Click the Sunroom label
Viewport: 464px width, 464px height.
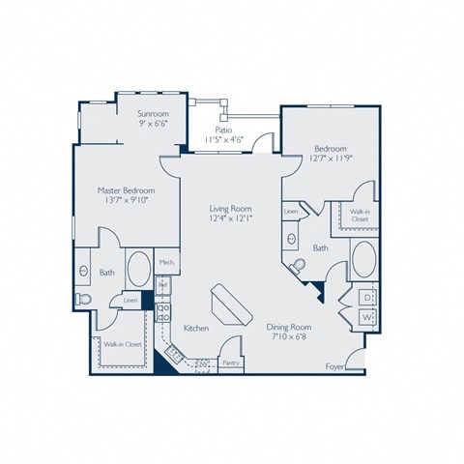point(155,114)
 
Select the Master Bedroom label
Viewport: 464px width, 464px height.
point(127,190)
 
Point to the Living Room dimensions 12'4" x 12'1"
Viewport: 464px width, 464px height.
point(230,218)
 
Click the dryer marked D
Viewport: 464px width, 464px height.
point(367,297)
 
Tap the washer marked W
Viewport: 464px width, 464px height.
point(367,317)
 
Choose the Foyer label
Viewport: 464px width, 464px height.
point(334,366)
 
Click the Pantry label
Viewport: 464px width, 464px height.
point(231,363)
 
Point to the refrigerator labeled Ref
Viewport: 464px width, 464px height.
point(162,286)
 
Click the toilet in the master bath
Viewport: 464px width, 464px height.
point(85,300)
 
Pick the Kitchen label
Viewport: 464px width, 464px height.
point(196,329)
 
